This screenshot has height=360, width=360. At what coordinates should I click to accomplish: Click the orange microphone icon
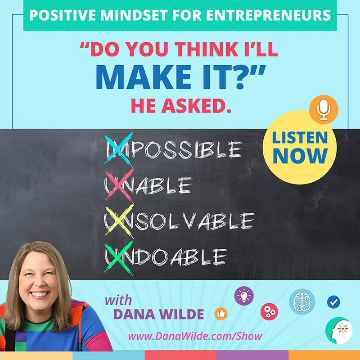[324, 109]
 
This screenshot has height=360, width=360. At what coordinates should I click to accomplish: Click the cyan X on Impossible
[118, 149]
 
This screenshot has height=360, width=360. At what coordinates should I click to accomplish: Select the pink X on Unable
[119, 185]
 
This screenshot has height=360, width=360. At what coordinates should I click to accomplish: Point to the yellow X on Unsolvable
[119, 221]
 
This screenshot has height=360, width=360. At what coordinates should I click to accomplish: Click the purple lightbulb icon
[244, 296]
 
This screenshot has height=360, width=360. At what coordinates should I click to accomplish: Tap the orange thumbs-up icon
[221, 314]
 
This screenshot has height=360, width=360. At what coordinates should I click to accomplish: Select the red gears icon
[269, 311]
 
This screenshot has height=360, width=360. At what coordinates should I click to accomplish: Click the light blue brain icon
[302, 301]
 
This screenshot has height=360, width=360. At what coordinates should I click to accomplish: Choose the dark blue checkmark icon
[333, 302]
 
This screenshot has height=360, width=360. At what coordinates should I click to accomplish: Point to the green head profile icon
[339, 330]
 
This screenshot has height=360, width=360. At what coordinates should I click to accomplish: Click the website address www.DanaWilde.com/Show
[195, 336]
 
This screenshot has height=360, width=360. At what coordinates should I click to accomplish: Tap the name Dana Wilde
[159, 314]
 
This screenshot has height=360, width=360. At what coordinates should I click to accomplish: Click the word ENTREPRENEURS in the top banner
[268, 15]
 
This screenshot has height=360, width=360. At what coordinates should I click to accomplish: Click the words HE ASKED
[181, 106]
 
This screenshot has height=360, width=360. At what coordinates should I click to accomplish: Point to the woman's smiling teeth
[39, 294]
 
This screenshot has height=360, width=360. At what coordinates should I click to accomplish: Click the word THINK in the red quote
[206, 49]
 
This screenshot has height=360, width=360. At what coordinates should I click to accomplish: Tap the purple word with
[118, 300]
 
